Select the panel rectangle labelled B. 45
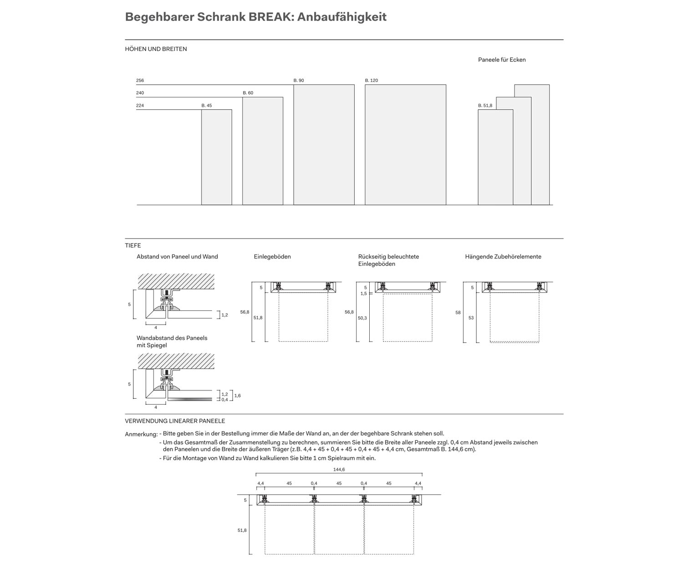(x=217, y=157)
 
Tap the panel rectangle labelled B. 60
(x=263, y=151)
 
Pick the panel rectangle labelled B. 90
(x=324, y=145)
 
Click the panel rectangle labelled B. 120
(x=405, y=145)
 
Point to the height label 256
(x=140, y=81)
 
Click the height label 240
(x=140, y=93)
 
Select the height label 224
(x=140, y=106)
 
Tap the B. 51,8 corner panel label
(x=485, y=106)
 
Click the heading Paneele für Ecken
(x=502, y=60)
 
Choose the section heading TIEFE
(x=133, y=245)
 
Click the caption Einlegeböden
(x=272, y=257)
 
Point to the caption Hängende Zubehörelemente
(x=503, y=257)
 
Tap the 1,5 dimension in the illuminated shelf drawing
(x=363, y=294)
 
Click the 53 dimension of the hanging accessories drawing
(x=471, y=318)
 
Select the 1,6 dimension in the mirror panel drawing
(x=237, y=396)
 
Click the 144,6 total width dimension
(x=339, y=469)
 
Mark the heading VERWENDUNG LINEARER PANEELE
(x=175, y=421)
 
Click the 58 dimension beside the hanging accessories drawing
(x=458, y=313)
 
